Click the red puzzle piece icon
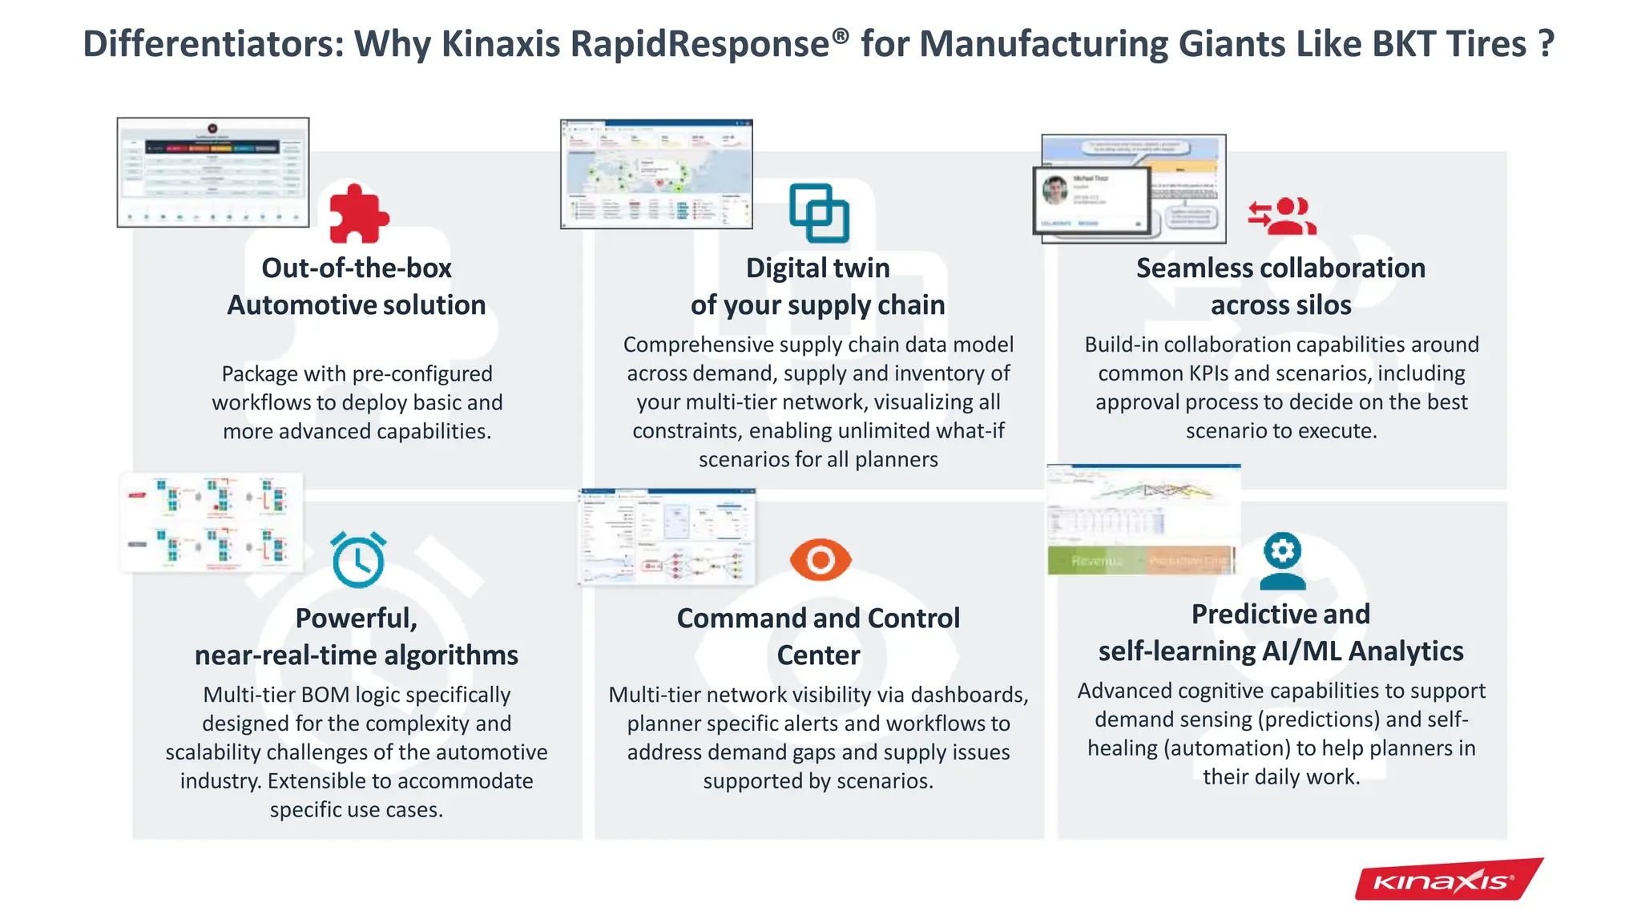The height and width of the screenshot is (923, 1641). [x=358, y=214]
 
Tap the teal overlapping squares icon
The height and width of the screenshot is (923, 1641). [x=818, y=213]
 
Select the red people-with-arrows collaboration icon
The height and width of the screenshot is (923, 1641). [x=1282, y=216]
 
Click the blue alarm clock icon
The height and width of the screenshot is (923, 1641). [x=358, y=560]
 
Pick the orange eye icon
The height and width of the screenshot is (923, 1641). [x=820, y=559]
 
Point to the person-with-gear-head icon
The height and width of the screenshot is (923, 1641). [x=1282, y=561]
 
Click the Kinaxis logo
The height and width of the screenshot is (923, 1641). [x=1447, y=881]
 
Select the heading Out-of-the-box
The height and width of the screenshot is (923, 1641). [x=357, y=268]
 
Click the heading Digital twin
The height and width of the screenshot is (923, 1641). [x=817, y=268]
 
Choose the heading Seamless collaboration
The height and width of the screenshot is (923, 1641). [x=1280, y=268]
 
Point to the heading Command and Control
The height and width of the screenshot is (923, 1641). [x=818, y=618]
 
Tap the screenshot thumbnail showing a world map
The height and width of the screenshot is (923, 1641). [x=656, y=174]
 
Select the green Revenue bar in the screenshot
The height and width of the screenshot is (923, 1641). [x=1095, y=561]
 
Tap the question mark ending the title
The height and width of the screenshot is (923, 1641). [x=1546, y=44]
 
